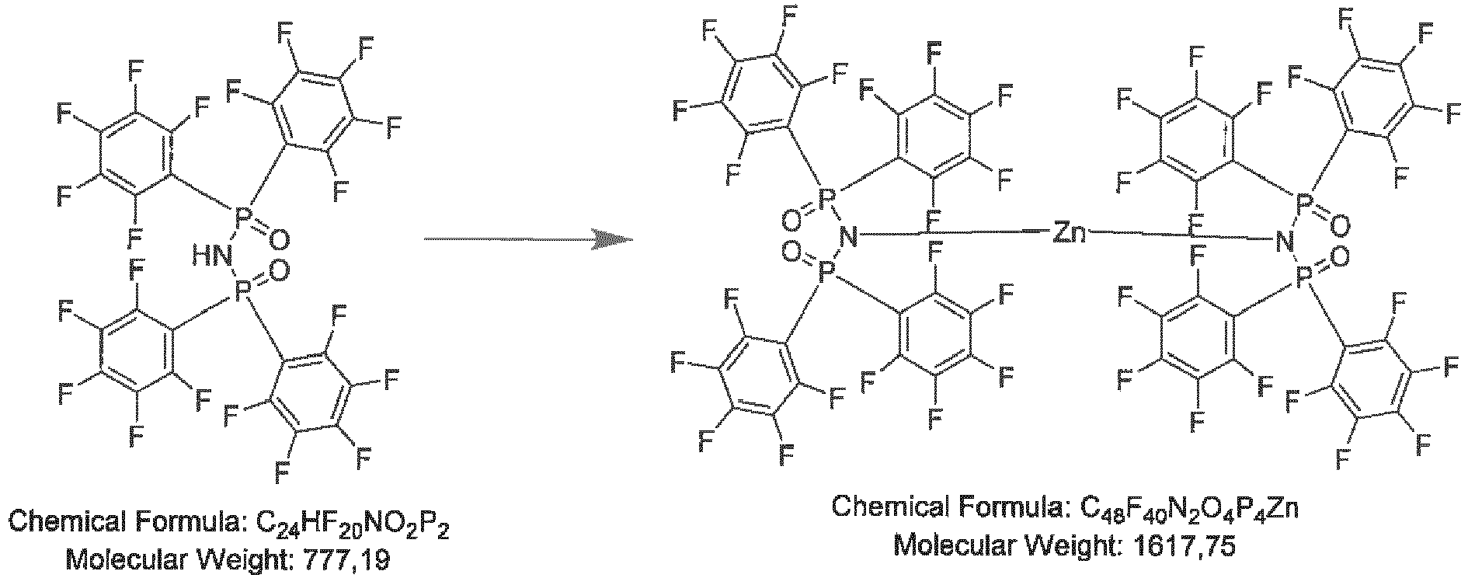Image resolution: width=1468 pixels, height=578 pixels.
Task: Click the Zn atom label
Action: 1070,233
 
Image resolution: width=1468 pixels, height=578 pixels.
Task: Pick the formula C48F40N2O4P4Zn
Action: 1181,510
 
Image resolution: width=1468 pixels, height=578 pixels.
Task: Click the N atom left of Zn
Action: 850,235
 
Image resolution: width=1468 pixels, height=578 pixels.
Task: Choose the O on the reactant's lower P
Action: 281,270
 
